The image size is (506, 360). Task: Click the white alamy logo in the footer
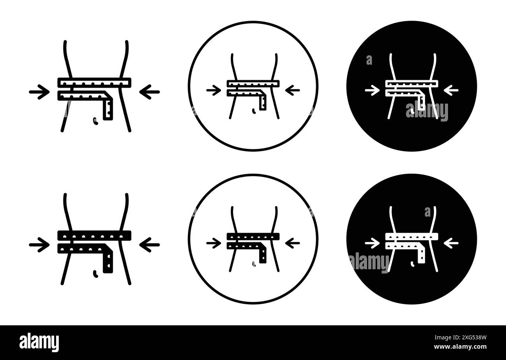39,342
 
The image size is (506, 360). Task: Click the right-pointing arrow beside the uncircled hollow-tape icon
39,92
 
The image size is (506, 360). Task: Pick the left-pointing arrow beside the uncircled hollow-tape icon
149,92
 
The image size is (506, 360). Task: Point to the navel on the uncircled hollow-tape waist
95,121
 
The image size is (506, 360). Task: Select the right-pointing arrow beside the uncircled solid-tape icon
39,245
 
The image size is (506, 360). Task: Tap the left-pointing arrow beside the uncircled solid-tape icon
149,245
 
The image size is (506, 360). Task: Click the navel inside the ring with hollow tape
254,111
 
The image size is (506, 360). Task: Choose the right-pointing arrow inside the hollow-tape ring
214,90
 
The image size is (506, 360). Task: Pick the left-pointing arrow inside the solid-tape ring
293,243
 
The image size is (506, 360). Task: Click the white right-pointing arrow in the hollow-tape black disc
372,90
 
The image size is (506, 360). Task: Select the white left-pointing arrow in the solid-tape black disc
451,243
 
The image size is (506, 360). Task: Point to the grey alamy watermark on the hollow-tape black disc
427,111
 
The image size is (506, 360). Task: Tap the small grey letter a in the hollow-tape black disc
369,60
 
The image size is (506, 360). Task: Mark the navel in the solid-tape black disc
413,264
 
